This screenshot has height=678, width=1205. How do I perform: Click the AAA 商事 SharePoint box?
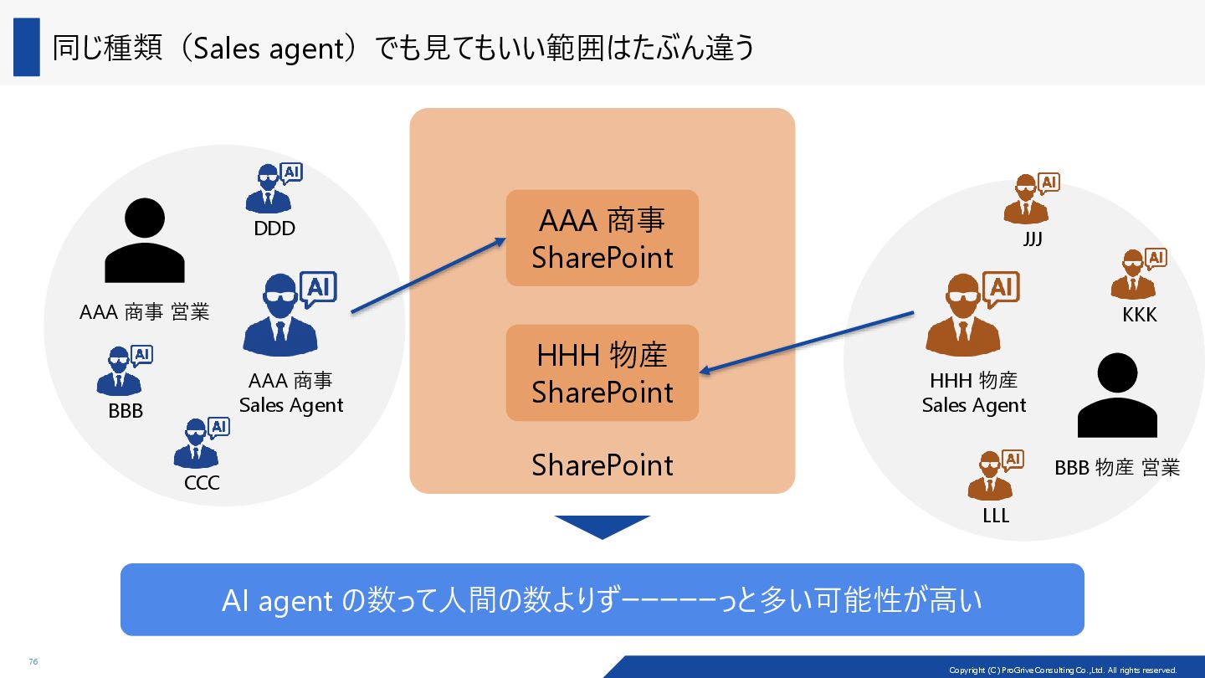click(x=602, y=238)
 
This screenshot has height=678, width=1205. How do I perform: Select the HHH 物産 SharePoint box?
click(x=602, y=372)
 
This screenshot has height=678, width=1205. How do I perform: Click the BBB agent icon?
click(x=123, y=371)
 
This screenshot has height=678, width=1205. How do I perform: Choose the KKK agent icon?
click(x=1137, y=274)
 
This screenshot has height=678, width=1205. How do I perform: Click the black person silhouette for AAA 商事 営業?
click(x=144, y=240)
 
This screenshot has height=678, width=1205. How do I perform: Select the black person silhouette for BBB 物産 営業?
click(x=1117, y=395)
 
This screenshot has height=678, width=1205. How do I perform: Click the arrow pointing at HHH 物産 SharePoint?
click(x=807, y=343)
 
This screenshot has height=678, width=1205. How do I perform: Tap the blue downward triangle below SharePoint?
click(x=602, y=526)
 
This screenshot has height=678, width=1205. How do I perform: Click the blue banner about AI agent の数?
click(x=602, y=599)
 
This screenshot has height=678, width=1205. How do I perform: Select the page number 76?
click(x=33, y=661)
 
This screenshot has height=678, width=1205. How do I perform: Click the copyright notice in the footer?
click(x=1062, y=670)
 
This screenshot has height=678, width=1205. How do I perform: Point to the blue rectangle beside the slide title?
click(x=27, y=47)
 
